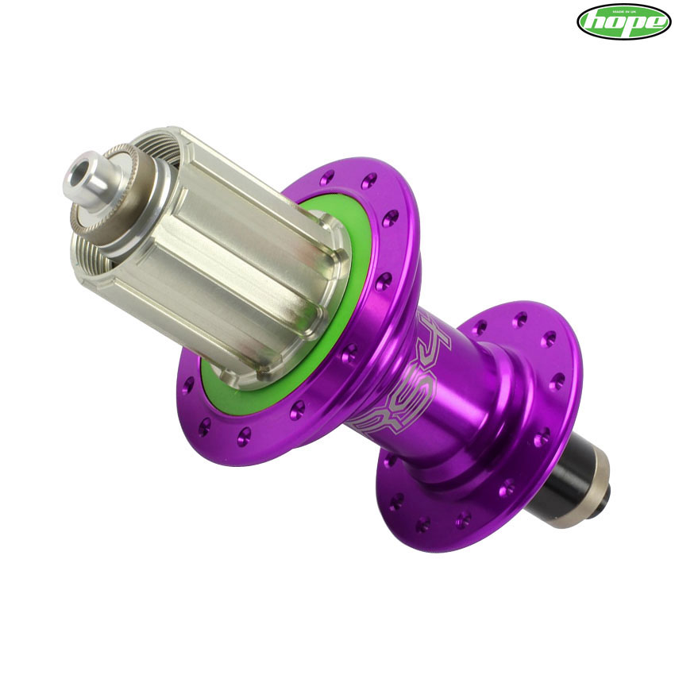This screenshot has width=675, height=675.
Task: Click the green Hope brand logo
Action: click(623, 21)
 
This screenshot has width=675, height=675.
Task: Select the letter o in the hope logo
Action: click(614, 23)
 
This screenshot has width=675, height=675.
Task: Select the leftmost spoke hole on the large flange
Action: click(188, 388)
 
